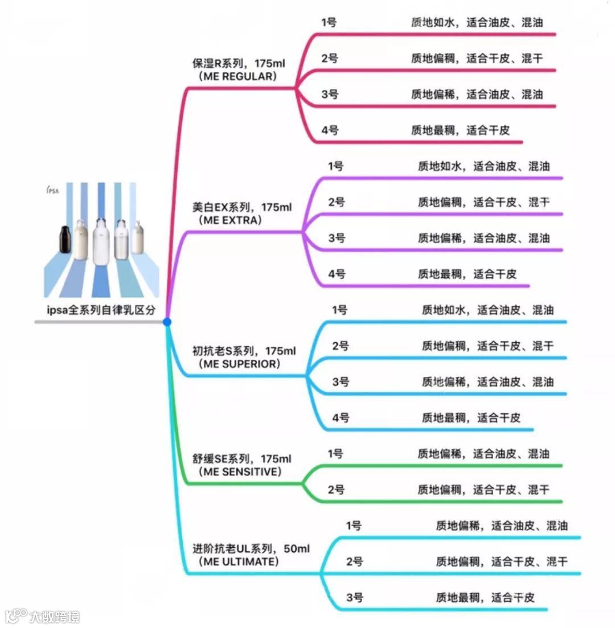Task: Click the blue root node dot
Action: pyautogui.click(x=167, y=322)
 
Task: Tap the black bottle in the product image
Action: pyautogui.click(x=67, y=241)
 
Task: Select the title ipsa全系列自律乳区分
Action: pyautogui.click(x=101, y=310)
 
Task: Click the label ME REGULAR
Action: pyautogui.click(x=236, y=76)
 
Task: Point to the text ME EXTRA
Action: pyautogui.click(x=230, y=220)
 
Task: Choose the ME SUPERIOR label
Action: pyautogui.click(x=239, y=364)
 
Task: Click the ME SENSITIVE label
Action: pyautogui.click(x=240, y=471)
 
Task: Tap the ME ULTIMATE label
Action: pyautogui.click(x=239, y=562)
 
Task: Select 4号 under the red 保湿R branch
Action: pyautogui.click(x=330, y=130)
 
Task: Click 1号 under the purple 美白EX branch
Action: pyautogui.click(x=336, y=166)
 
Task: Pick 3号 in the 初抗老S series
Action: pyautogui.click(x=341, y=382)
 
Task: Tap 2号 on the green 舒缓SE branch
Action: pyautogui.click(x=336, y=490)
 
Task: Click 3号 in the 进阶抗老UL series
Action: pyautogui.click(x=354, y=598)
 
